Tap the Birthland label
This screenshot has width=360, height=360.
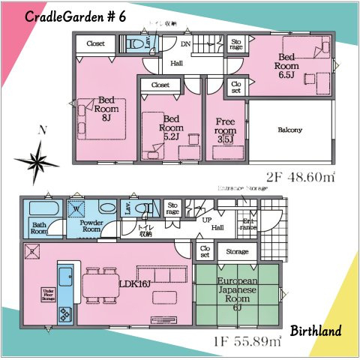click(x=316, y=330)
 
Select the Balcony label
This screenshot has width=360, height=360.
click(x=289, y=130)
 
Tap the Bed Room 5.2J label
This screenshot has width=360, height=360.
click(x=172, y=126)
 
